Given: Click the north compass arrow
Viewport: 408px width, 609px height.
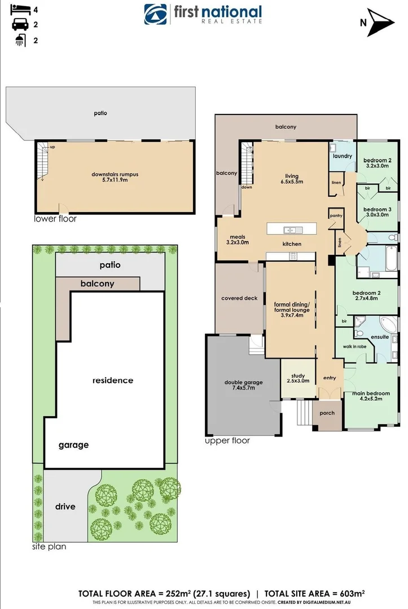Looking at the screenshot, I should tap(380, 23).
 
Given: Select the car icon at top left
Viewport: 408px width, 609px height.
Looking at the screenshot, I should tap(19, 25).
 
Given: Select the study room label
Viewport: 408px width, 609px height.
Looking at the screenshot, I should tap(297, 377).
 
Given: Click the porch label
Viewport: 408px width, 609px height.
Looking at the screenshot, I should tap(327, 413).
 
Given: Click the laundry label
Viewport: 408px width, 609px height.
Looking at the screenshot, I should tap(342, 156).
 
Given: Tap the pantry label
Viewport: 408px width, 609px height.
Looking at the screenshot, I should tap(336, 215).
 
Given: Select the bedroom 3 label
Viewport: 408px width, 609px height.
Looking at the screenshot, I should tap(378, 212).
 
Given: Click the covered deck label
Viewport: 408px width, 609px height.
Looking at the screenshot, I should tap(239, 298).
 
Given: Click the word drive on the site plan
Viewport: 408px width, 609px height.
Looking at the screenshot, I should tap(65, 506).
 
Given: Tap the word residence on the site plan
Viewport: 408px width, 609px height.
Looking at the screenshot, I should tap(113, 380).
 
